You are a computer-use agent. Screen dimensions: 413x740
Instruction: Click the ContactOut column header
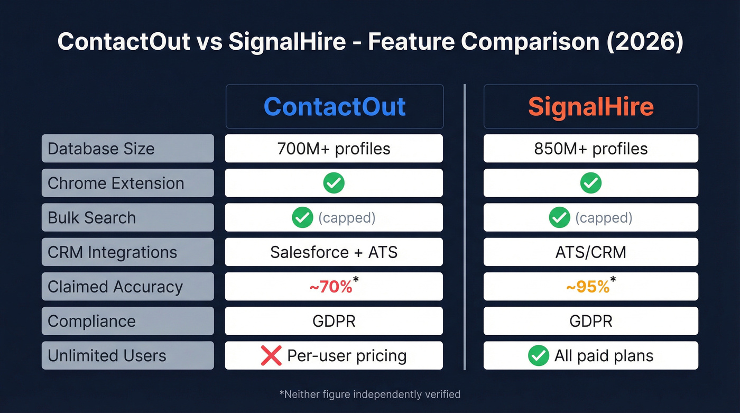click(x=334, y=107)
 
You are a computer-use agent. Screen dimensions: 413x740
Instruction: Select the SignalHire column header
click(x=590, y=107)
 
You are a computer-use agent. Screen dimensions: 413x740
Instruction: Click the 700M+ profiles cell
click(x=334, y=149)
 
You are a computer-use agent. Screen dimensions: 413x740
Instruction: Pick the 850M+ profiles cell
click(x=590, y=149)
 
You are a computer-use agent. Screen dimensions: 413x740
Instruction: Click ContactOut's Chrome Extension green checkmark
click(x=334, y=183)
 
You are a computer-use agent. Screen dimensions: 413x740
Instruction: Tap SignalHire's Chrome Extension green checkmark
click(x=590, y=183)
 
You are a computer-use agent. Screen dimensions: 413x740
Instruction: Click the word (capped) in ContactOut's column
click(x=347, y=218)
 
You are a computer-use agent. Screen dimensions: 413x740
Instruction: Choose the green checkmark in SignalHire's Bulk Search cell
click(x=559, y=217)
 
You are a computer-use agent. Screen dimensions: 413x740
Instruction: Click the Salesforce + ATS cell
click(x=334, y=252)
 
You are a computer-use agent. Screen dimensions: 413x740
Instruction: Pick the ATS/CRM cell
click(x=590, y=252)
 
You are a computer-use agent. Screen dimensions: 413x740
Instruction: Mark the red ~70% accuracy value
click(x=331, y=287)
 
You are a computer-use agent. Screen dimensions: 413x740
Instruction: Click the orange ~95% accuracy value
click(x=588, y=287)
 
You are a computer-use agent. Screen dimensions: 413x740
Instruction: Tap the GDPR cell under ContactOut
click(x=334, y=321)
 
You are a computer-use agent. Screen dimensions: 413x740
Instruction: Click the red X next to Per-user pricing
click(x=271, y=356)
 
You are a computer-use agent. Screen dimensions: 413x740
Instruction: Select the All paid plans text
click(x=604, y=356)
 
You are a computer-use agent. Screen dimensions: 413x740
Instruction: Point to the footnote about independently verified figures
click(x=369, y=394)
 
